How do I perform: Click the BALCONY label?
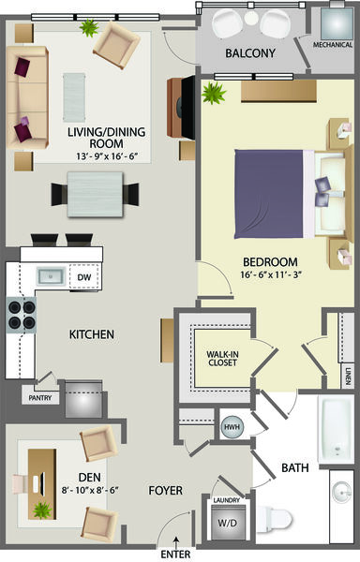pyautogui.click(x=250, y=53)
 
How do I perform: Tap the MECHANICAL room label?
pyautogui.click(x=333, y=45)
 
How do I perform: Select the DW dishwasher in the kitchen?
pyautogui.click(x=84, y=277)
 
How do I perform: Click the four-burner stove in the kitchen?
pyautogui.click(x=22, y=315)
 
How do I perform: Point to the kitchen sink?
pyautogui.click(x=52, y=276)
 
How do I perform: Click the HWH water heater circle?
pyautogui.click(x=232, y=427)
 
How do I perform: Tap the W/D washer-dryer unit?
pyautogui.click(x=227, y=523)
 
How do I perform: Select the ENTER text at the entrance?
pyautogui.click(x=175, y=555)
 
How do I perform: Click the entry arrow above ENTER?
pyautogui.click(x=175, y=542)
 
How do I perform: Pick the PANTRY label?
pyautogui.click(x=40, y=398)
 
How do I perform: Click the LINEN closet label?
pyautogui.click(x=348, y=377)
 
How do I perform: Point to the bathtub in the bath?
pyautogui.click(x=336, y=430)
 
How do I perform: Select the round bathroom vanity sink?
pyautogui.click(x=342, y=492)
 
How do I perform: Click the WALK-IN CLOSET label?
pyautogui.click(x=222, y=359)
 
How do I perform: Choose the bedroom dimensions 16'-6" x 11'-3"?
pyautogui.click(x=270, y=274)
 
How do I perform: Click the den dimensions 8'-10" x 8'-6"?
pyautogui.click(x=90, y=490)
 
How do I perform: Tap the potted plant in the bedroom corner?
pyautogui.click(x=214, y=93)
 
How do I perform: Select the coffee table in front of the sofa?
pyautogui.click(x=74, y=97)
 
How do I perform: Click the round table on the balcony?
pyautogui.click(x=251, y=19)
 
